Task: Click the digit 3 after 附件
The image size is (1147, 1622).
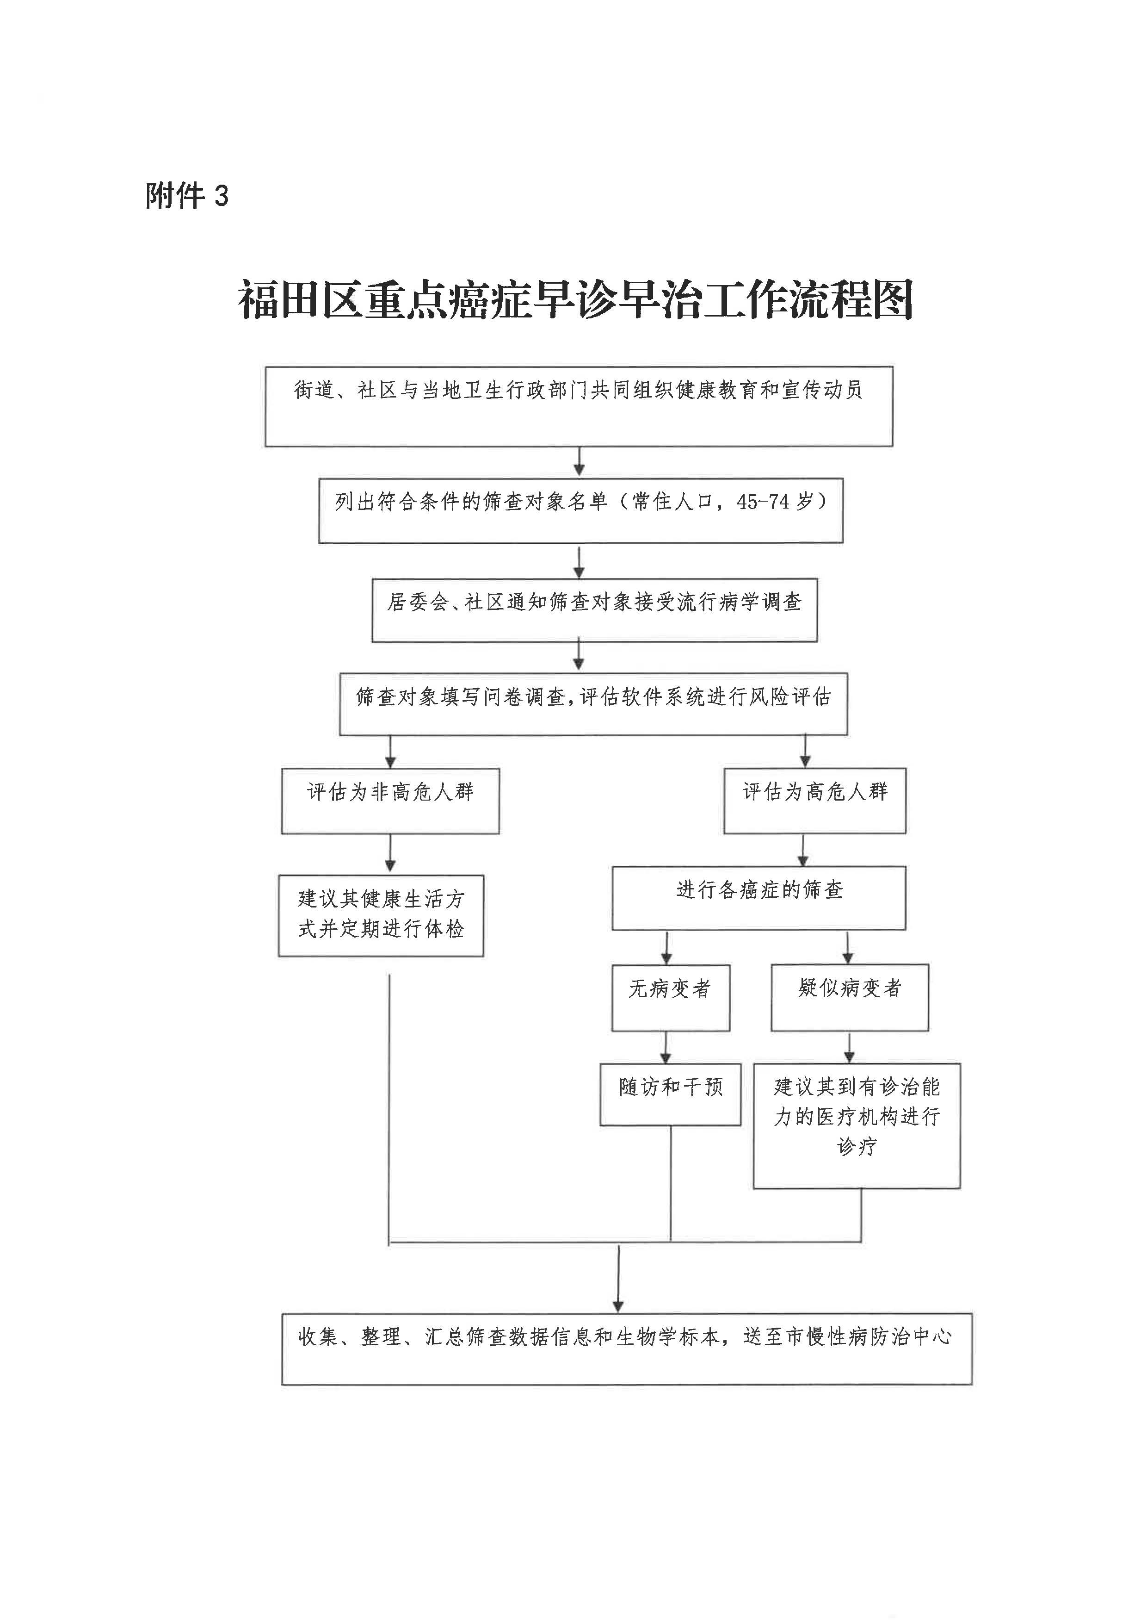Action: click(222, 196)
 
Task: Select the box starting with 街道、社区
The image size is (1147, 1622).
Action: click(579, 406)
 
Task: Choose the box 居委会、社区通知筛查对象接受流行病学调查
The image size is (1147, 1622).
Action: click(594, 610)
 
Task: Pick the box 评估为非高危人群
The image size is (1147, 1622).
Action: click(390, 801)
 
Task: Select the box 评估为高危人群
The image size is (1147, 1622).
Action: click(814, 801)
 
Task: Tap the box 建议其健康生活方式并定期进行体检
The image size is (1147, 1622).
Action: click(381, 915)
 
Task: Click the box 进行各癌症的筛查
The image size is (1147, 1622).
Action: click(758, 898)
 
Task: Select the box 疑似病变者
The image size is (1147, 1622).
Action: click(849, 996)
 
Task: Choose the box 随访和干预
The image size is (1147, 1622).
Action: click(670, 1094)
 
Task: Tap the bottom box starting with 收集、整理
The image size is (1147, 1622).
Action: click(627, 1349)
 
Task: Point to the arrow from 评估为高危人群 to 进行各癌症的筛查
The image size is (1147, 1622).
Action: click(803, 850)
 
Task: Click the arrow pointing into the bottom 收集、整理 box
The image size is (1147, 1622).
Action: click(619, 1279)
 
